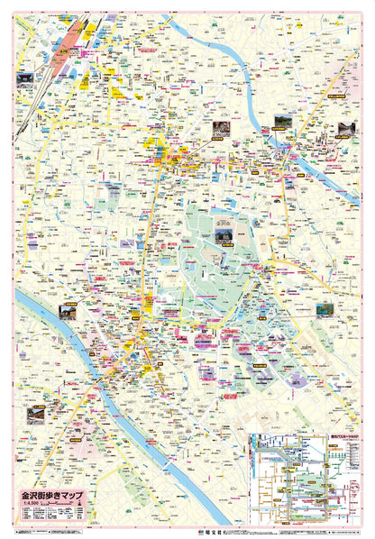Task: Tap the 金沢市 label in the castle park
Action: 224,219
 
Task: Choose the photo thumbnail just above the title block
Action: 35,413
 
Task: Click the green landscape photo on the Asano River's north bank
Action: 279,122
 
